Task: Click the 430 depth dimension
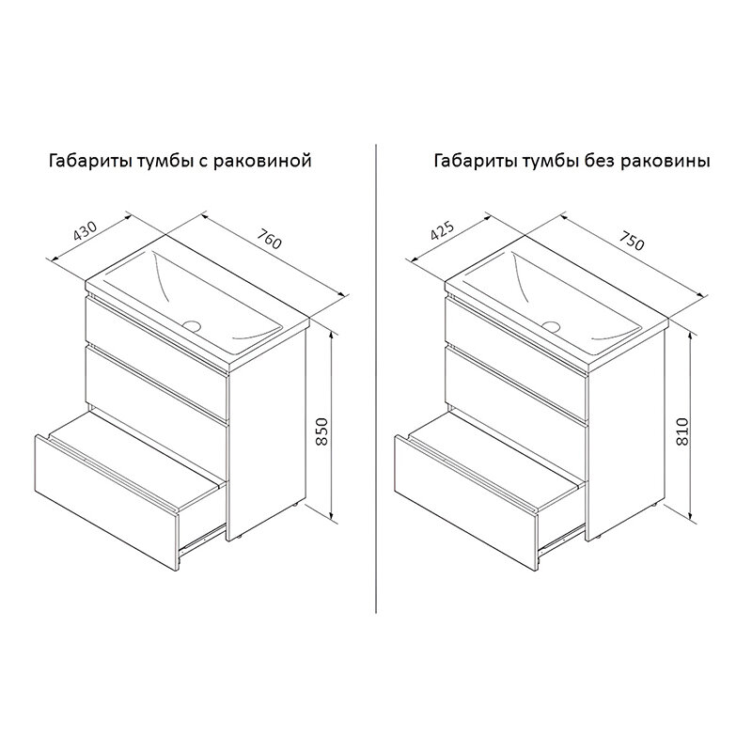coord(86,230)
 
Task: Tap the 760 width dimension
coord(269,239)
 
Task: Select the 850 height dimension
coord(322,431)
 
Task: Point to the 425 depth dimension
coord(442,230)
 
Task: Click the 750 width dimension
coord(631,242)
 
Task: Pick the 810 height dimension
coord(682,431)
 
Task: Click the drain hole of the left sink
coord(192,325)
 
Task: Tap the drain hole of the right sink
coord(552,326)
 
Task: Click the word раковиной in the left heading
coord(262,161)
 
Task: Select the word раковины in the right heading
coord(666,161)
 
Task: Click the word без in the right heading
coord(600,160)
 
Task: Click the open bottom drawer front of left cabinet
coord(106,503)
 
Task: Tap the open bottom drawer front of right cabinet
coord(466,503)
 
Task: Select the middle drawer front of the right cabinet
coord(516,388)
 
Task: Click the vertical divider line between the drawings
coord(376,378)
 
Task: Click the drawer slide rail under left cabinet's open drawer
coord(201,540)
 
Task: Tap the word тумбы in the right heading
coord(550,161)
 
